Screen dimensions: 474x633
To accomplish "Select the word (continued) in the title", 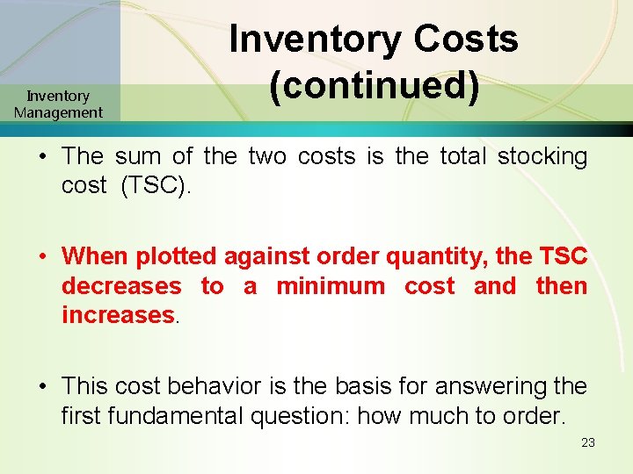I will coord(375,87).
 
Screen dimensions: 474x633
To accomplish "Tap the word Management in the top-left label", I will coord(58,112).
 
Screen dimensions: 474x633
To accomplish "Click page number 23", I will coord(588,442).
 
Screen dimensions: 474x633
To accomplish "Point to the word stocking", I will coord(542,157).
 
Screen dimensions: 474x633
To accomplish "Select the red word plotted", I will coord(178,256).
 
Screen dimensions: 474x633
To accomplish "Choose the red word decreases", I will coord(121,286).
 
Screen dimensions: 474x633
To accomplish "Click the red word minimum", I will coord(331,286).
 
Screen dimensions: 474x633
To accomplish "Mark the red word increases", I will coord(119,315).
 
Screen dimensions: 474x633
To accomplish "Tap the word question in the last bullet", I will coord(341,416).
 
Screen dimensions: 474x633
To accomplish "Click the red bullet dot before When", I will coord(42,257).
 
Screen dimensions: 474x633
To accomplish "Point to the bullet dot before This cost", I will coord(42,387).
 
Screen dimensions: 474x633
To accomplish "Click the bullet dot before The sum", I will coord(42,158).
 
